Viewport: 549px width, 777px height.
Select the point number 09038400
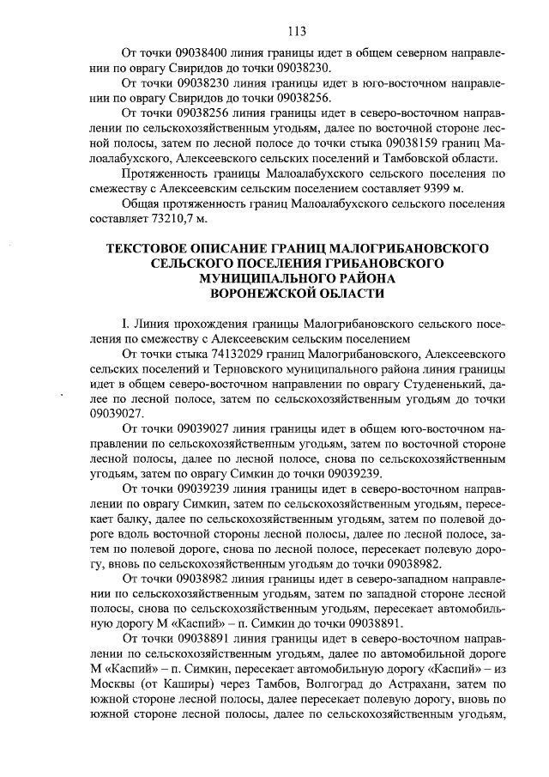208,52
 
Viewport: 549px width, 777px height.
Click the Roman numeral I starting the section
125,324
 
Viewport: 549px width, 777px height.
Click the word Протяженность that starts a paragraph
169,173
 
